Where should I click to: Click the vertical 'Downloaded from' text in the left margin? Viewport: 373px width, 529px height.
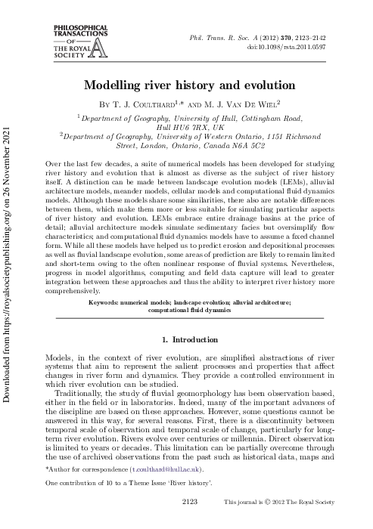pos(8,227)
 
